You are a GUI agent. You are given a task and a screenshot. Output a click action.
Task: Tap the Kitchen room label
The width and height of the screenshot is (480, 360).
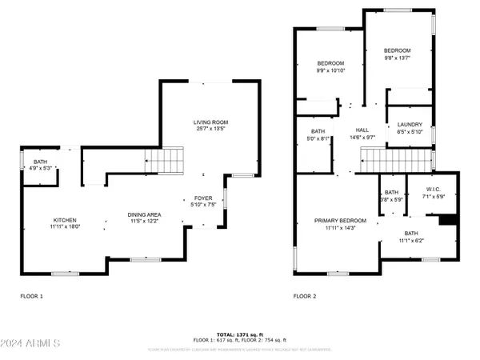[65, 220]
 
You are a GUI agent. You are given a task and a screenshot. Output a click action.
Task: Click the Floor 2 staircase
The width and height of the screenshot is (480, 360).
[379, 159]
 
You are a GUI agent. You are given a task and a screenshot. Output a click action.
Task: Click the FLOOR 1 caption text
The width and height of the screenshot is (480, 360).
[32, 296]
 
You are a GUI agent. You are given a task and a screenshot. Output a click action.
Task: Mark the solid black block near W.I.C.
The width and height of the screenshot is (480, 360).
[450, 220]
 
